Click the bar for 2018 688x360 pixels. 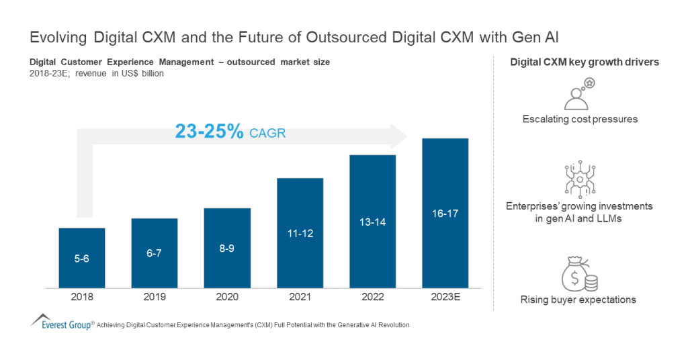coord(82,259)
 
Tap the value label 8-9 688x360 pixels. coord(227,248)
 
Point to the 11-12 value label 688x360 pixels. coord(300,233)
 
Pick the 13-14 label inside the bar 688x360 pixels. coord(372,222)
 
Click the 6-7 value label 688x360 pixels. coord(155,253)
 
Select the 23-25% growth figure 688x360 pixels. coord(209,132)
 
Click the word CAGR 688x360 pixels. coord(267,133)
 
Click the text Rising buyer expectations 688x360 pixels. coord(579,300)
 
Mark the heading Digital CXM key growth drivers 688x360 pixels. coord(584,62)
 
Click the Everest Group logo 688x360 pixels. coord(61,323)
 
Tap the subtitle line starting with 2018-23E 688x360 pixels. coord(97,73)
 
